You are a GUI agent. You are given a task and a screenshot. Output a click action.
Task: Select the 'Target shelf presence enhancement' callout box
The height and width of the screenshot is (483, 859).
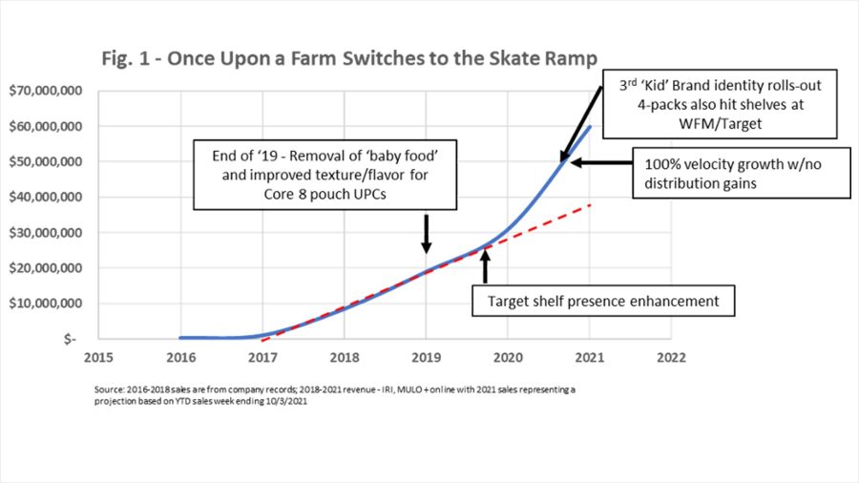coord(602,302)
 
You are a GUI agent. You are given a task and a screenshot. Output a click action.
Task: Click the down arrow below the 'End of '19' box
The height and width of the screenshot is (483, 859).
coord(426,234)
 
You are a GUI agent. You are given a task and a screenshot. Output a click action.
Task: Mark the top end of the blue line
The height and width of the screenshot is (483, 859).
coord(590,126)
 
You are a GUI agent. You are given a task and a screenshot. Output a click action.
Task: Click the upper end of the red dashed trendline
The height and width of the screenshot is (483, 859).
coord(591,205)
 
